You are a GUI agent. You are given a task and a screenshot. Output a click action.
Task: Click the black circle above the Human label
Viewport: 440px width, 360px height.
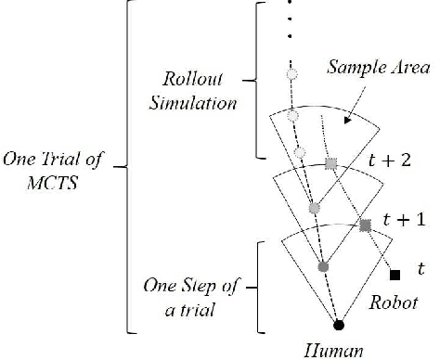tap(338, 324)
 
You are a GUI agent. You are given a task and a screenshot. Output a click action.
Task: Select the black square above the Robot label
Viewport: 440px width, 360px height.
tap(395, 275)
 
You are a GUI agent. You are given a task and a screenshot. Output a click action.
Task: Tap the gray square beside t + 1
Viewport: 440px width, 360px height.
tap(365, 225)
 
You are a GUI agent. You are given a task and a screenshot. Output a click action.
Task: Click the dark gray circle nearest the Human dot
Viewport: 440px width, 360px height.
tap(323, 267)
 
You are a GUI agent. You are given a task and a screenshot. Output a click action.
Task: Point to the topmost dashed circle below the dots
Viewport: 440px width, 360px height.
tap(291, 73)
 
